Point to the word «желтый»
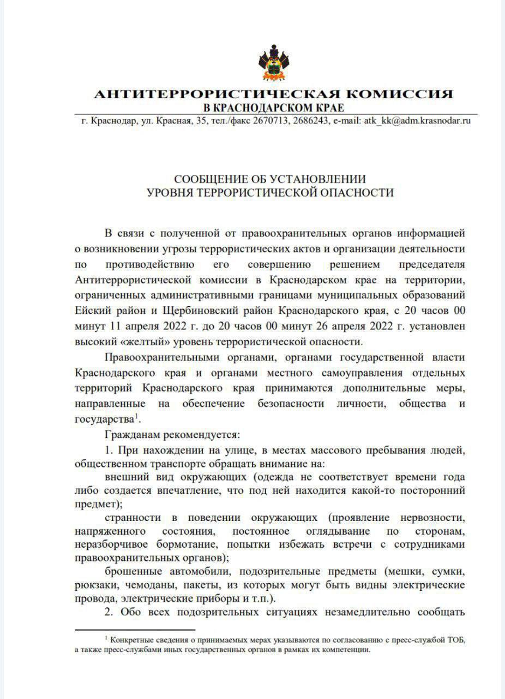pos(129,342)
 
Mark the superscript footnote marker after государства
pos(136,417)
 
